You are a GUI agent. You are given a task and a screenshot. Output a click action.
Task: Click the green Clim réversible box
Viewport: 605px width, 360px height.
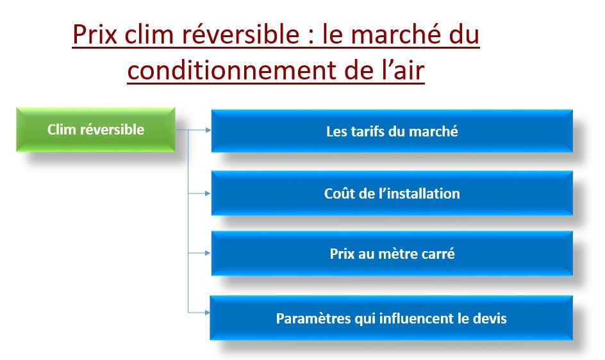pyautogui.click(x=95, y=129)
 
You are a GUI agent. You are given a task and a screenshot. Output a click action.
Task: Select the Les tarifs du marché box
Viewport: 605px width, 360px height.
pyautogui.click(x=392, y=131)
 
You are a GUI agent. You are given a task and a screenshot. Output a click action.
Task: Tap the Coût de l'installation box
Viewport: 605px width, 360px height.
pyautogui.click(x=392, y=193)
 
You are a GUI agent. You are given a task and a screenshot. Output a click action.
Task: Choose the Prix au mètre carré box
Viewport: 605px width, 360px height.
pyautogui.click(x=392, y=254)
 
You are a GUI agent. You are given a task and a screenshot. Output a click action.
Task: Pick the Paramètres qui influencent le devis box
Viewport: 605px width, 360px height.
pyautogui.click(x=391, y=318)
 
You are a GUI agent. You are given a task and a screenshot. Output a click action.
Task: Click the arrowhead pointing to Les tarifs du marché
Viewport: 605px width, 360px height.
pyautogui.click(x=207, y=130)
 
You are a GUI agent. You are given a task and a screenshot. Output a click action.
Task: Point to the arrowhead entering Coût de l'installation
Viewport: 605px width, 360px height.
pyautogui.click(x=207, y=192)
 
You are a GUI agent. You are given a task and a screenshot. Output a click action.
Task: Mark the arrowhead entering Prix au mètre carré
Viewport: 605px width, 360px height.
pyautogui.click(x=207, y=253)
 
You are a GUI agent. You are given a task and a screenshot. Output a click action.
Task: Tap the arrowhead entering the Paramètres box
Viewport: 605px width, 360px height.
pyautogui.click(x=206, y=313)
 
